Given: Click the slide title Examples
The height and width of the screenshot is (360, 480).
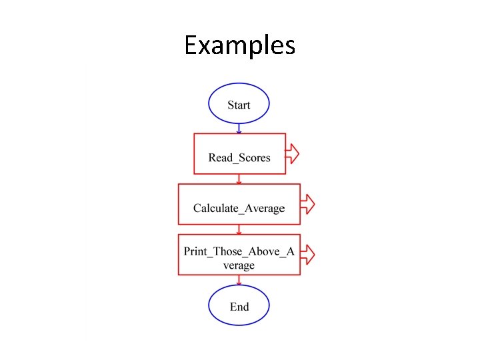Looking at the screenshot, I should (239, 46).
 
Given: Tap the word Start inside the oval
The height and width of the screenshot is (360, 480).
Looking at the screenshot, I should (239, 105).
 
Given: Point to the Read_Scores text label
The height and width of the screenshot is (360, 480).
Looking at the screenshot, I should (239, 158).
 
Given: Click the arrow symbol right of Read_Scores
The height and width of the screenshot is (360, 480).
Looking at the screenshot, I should (293, 154).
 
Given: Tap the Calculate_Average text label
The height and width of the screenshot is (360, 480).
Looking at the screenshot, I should (239, 209).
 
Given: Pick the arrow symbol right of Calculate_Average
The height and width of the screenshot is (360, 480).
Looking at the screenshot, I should (307, 204).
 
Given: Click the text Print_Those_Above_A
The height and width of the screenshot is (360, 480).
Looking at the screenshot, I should (239, 251).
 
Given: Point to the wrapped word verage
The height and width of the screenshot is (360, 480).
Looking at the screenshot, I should (239, 265).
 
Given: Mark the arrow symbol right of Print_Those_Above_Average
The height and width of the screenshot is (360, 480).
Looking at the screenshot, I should (307, 254).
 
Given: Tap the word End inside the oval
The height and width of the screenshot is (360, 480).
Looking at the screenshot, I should (239, 307).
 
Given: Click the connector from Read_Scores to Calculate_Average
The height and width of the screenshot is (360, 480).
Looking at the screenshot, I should (239, 179).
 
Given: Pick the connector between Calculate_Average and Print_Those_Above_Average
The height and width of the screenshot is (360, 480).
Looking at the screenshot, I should (239, 229).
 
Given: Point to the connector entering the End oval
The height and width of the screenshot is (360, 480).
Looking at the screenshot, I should (239, 281).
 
